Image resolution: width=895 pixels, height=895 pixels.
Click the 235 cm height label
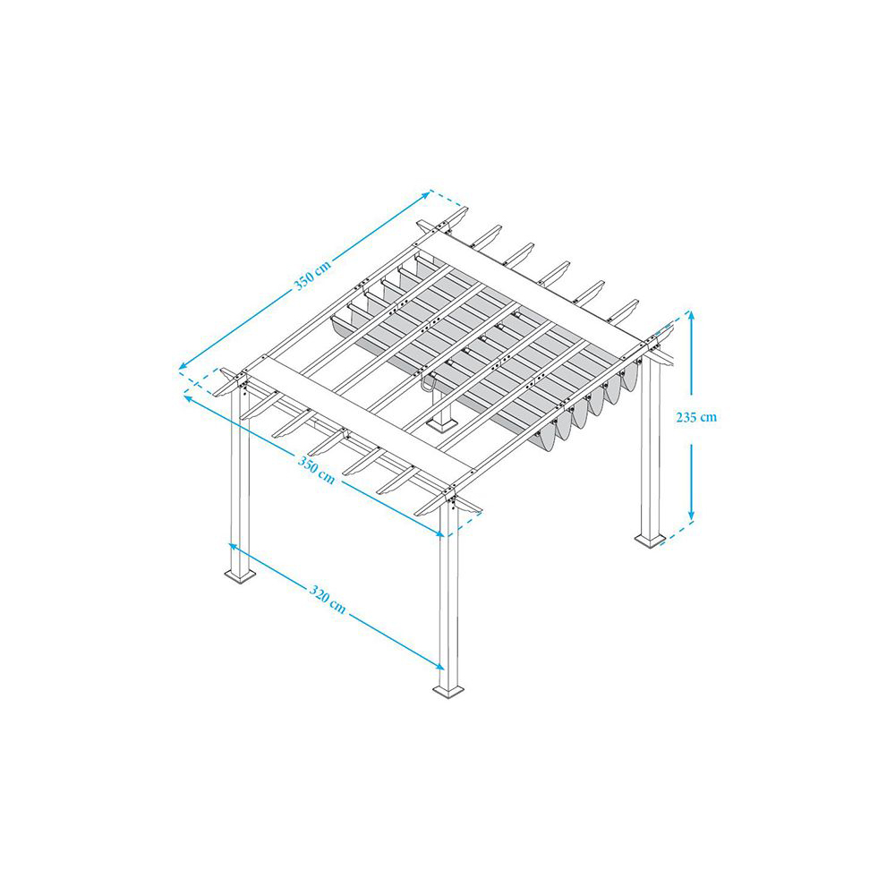[695, 417]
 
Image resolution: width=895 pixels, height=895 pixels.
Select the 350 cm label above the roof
[312, 276]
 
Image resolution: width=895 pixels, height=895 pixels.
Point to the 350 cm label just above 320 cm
[316, 469]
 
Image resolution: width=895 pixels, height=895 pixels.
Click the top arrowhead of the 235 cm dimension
[691, 316]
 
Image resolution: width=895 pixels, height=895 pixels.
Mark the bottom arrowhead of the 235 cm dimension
[691, 516]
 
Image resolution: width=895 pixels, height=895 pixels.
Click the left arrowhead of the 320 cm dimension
[233, 546]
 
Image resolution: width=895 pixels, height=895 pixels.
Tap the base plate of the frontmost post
[448, 691]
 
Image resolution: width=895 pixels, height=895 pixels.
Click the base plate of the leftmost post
[240, 575]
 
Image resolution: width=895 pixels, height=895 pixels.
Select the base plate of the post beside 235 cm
[650, 540]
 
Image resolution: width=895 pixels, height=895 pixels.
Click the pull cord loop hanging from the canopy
[427, 383]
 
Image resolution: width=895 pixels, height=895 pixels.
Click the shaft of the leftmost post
[240, 480]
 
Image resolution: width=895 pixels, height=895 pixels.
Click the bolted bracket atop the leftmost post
[243, 382]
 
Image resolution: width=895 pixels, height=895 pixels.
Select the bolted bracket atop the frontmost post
[452, 497]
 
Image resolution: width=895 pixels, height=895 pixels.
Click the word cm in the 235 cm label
[708, 418]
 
